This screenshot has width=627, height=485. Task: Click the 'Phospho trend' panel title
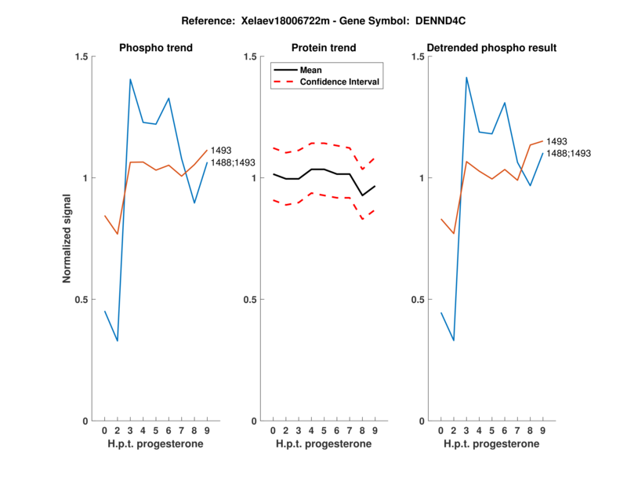coord(155,48)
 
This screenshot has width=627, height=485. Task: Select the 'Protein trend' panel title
coord(324,48)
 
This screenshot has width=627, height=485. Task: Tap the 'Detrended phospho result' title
coord(492,48)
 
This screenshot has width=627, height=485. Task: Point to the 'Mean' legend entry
coord(311,70)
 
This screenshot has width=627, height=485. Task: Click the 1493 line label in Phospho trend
coord(221,150)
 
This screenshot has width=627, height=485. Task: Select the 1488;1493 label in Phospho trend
coord(233,162)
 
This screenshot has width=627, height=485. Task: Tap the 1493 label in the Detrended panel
coord(556,141)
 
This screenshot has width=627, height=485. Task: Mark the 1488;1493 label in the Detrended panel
coord(568,154)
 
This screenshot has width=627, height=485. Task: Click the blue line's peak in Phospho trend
coord(130,78)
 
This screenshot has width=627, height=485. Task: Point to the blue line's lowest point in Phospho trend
coord(118,341)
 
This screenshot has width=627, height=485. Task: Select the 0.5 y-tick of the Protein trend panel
coord(252,299)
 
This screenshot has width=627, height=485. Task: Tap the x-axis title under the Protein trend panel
coord(324,444)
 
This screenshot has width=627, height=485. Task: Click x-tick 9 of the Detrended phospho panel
coord(543,430)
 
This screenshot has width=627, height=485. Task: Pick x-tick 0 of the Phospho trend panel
coord(104,430)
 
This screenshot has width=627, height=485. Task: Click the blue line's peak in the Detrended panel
coord(466,77)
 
